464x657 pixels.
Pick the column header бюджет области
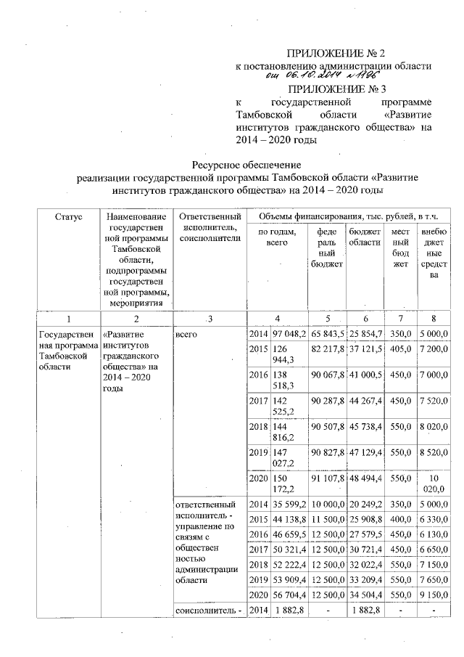[x=365, y=237]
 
